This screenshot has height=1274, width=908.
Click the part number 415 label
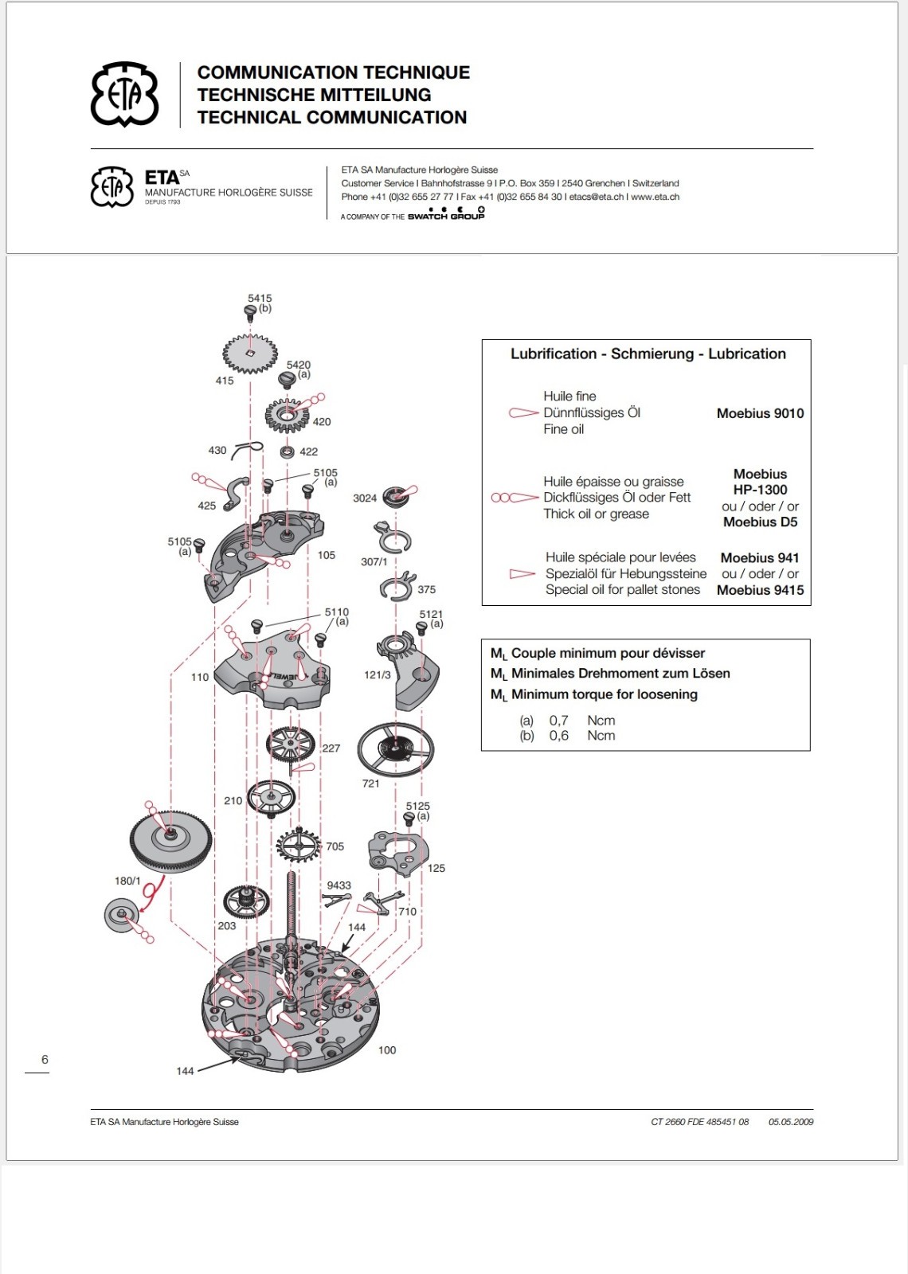pos(224,381)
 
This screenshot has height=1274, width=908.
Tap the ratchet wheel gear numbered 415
pos(250,353)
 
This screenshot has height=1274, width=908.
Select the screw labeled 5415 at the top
pos(250,311)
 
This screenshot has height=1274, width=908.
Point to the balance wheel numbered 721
pos(396,748)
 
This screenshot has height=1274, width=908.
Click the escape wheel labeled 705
pos(298,845)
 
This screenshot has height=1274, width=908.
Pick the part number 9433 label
pos(339,885)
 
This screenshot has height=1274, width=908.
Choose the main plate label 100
pos(387,1050)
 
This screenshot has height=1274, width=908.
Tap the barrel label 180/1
pos(127,881)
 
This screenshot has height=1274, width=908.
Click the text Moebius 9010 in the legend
pos(760,413)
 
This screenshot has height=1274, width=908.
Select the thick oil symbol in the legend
pos(515,498)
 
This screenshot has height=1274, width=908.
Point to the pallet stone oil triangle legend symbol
pos(522,574)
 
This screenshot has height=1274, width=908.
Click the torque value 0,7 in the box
pos(558,720)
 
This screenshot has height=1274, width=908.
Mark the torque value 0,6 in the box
pos(558,736)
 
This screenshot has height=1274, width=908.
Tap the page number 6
pos(45,1060)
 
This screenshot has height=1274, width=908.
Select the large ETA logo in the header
pos(124,95)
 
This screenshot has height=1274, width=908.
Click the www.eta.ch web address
pos(655,197)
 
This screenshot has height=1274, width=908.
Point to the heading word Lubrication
pos(747,354)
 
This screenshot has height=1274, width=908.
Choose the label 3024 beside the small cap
pos(365,498)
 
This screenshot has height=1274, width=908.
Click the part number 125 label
pos(436,868)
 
